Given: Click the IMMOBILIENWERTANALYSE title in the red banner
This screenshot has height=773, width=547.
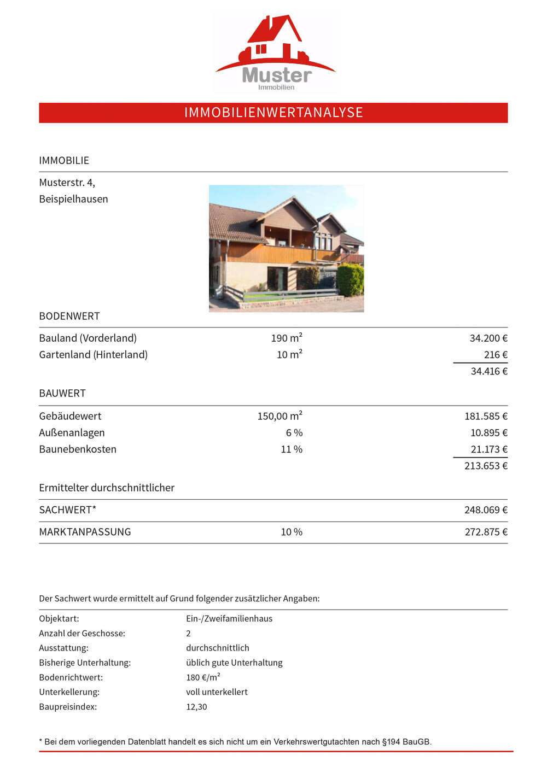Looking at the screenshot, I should click(x=273, y=113).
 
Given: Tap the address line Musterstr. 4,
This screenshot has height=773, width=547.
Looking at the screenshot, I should click(x=67, y=183).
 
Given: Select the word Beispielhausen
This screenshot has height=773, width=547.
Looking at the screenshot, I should click(x=73, y=199).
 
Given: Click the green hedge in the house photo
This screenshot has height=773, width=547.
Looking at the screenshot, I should click(x=350, y=279).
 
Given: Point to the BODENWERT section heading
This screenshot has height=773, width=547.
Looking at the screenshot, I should click(x=69, y=316).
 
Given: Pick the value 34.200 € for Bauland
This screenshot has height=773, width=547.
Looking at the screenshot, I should click(x=488, y=338).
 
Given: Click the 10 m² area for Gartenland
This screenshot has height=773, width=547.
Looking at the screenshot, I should click(x=289, y=355).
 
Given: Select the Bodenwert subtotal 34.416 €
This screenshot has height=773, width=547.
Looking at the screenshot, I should click(x=488, y=371).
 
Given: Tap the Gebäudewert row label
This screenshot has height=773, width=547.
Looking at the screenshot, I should click(x=70, y=416).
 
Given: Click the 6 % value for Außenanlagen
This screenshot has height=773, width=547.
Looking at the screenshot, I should click(x=294, y=432).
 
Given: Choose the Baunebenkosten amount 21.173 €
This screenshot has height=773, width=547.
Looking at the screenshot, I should click(x=488, y=449).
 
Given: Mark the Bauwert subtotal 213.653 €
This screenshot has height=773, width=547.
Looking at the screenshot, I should click(x=486, y=466).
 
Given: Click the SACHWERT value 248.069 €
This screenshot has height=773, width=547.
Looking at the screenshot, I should click(x=486, y=510).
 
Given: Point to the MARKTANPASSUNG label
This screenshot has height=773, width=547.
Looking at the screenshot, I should click(x=85, y=532).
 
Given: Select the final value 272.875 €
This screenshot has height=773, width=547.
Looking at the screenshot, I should click(x=486, y=532).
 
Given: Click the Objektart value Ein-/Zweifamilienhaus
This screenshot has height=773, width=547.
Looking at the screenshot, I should click(x=229, y=619).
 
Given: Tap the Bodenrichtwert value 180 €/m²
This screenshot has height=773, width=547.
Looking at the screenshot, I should click(x=203, y=677).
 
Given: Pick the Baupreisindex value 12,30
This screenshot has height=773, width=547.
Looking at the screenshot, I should click(x=196, y=707).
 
